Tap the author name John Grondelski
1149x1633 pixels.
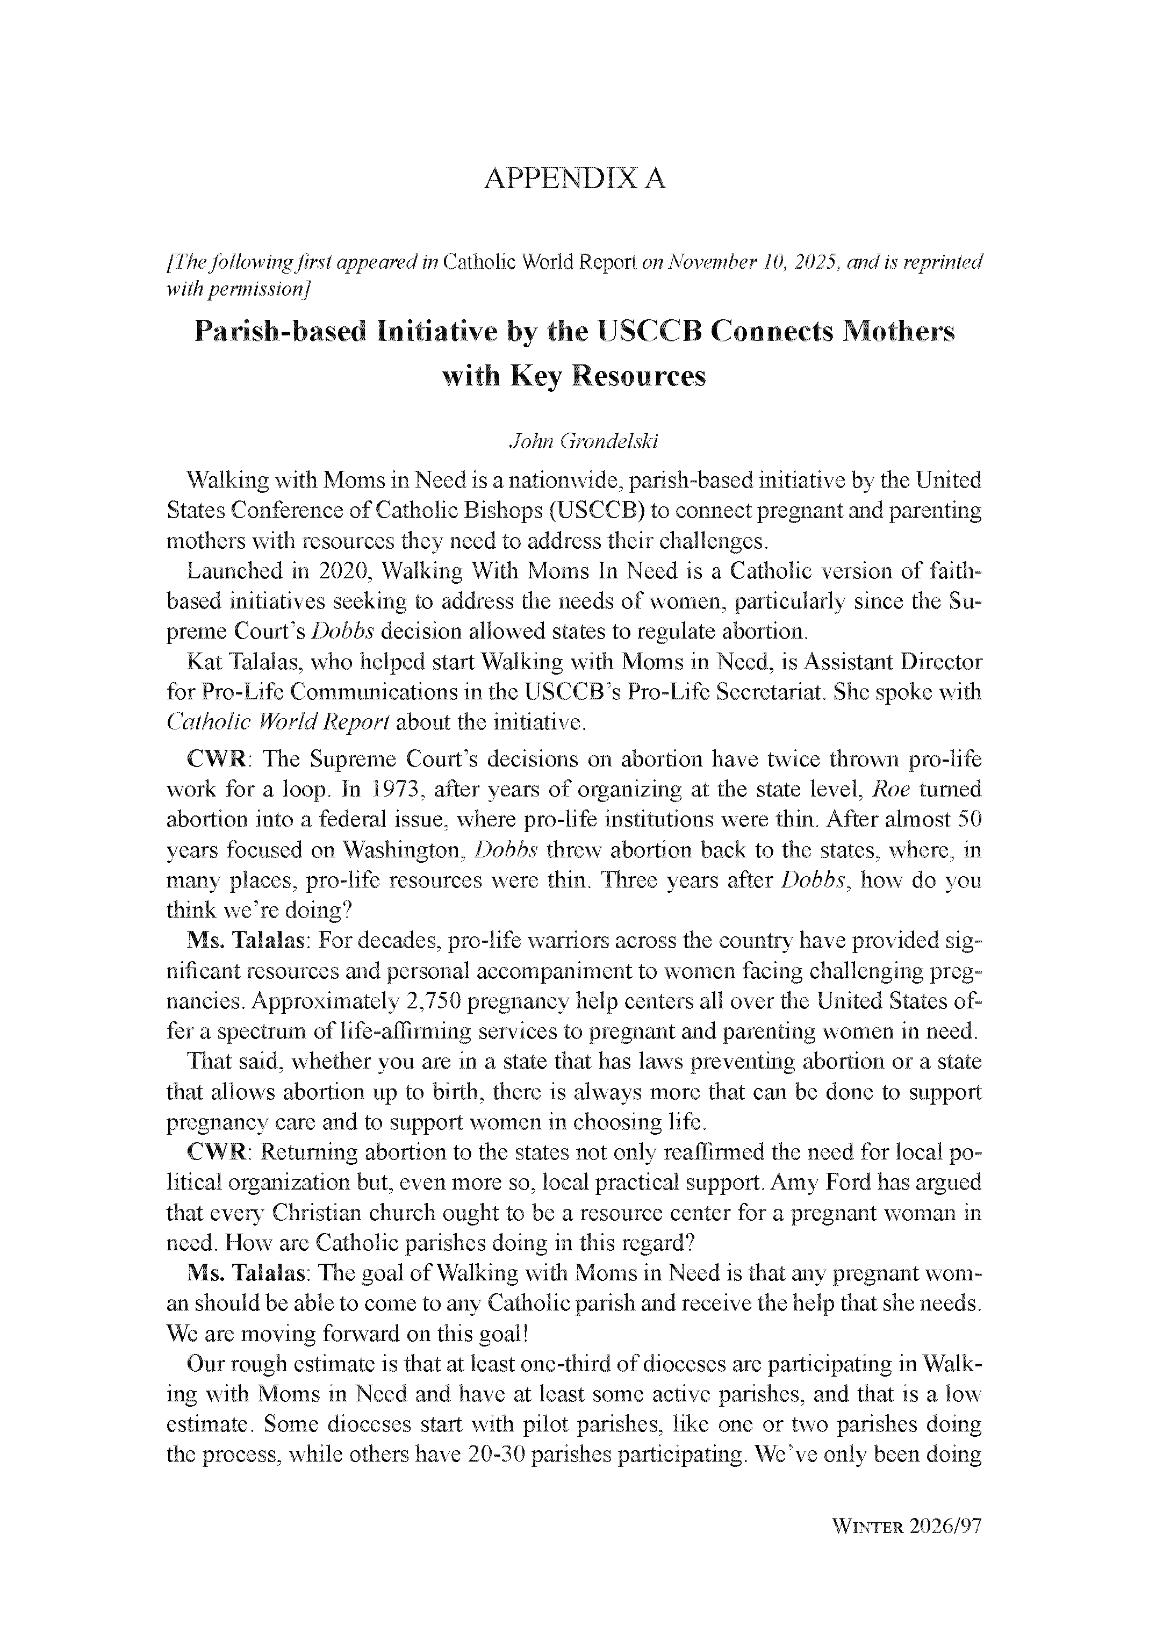click(x=584, y=442)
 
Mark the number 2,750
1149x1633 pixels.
click(x=434, y=1001)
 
